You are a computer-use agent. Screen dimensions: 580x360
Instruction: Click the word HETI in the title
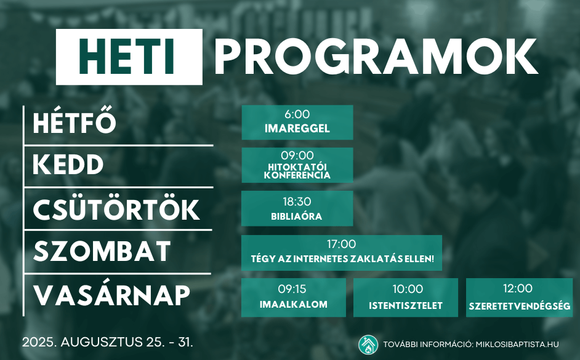point(126,57)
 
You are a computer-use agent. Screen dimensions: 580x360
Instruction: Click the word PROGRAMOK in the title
point(376,57)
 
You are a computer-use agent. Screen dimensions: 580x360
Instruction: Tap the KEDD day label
point(68,164)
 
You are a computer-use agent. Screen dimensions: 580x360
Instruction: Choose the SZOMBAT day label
point(102,251)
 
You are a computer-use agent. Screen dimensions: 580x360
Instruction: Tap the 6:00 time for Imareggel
point(297,114)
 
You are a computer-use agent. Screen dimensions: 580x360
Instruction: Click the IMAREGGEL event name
point(297,129)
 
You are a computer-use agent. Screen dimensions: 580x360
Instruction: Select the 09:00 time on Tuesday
point(297,155)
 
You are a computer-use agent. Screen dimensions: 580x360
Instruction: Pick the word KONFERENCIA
point(297,175)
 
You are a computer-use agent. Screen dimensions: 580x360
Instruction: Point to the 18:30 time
point(297,201)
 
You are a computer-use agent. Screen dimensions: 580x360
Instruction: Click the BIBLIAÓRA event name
point(297,216)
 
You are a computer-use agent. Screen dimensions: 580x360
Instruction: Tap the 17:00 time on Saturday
point(342,244)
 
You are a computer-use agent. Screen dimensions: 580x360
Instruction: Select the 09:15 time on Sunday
point(292,289)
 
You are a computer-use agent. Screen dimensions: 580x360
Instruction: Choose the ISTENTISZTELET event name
point(406,306)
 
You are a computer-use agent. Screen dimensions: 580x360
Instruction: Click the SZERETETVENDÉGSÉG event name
point(520,306)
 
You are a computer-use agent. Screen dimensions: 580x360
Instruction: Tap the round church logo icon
point(368,345)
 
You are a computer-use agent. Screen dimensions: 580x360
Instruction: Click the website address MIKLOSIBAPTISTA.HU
point(517,345)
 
